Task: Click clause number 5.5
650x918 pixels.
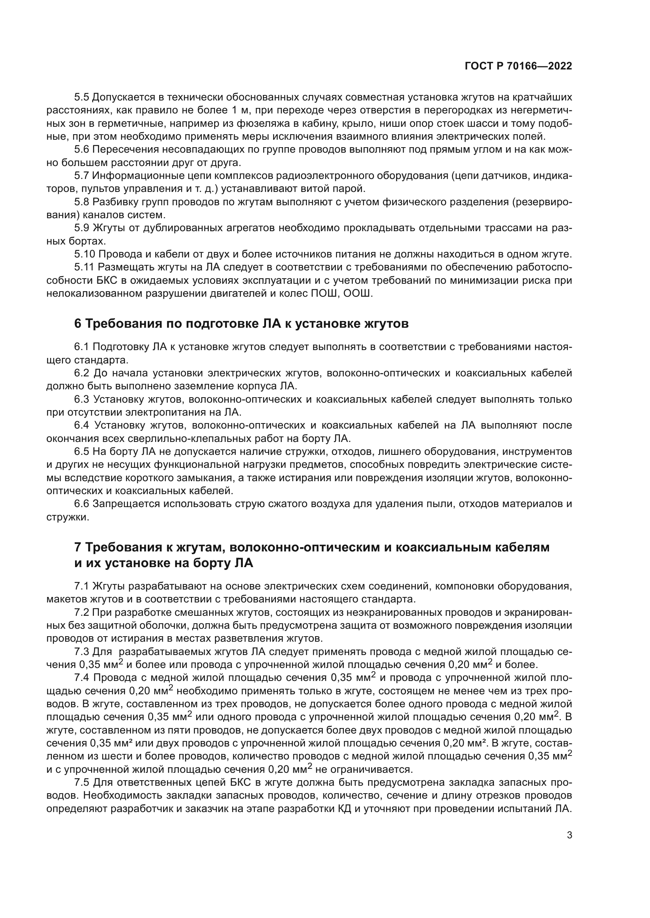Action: [x=83, y=97]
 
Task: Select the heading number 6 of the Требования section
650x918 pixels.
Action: [x=78, y=323]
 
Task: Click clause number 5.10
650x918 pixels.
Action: [x=85, y=254]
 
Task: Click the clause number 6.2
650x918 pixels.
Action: [x=83, y=373]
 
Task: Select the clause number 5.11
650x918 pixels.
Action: [x=84, y=267]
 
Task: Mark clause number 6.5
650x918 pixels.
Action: [x=83, y=451]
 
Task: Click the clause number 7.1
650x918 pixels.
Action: [x=83, y=586]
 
